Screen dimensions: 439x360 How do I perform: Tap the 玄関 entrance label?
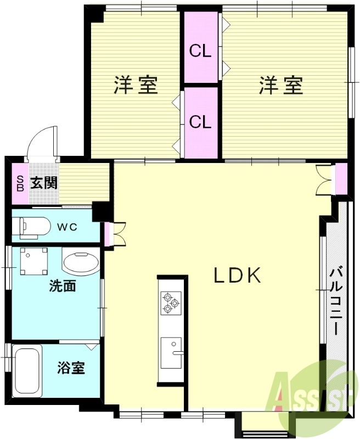(x=44, y=183)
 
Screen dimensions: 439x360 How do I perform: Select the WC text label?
(x=69, y=227)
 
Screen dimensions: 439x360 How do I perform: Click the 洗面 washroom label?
(x=61, y=286)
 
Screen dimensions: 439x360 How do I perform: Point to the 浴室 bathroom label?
(x=71, y=368)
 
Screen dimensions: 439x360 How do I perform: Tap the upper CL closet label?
(x=200, y=51)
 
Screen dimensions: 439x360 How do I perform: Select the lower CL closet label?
(x=200, y=122)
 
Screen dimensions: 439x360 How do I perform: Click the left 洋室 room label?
(x=136, y=85)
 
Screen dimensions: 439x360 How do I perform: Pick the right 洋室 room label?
(x=281, y=85)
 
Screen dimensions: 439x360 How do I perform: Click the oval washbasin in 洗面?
(x=81, y=263)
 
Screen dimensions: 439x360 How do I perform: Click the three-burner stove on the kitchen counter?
(x=170, y=303)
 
